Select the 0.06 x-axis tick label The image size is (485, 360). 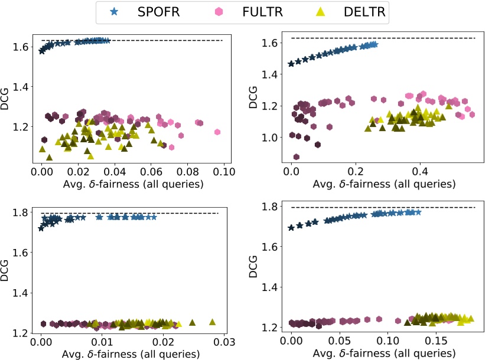pos(151,172)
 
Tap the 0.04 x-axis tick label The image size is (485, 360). pos(115,172)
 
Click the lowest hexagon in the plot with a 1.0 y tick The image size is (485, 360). pos(296,156)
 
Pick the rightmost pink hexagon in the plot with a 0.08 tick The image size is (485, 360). pos(217,132)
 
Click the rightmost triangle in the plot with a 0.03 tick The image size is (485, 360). pos(212,322)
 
